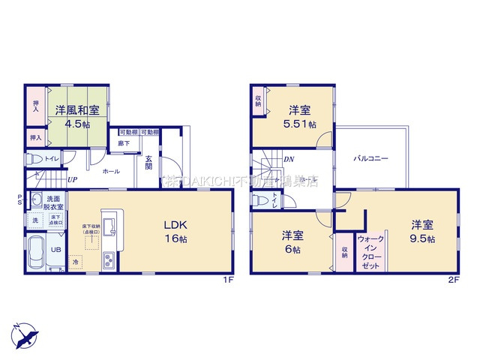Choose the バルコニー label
pyautogui.click(x=370, y=159)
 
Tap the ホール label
pyautogui.click(x=110, y=172)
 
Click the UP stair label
pyautogui.click(x=72, y=180)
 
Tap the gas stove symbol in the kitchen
pyautogui.click(x=107, y=260)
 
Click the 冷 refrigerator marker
pyautogui.click(x=76, y=262)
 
